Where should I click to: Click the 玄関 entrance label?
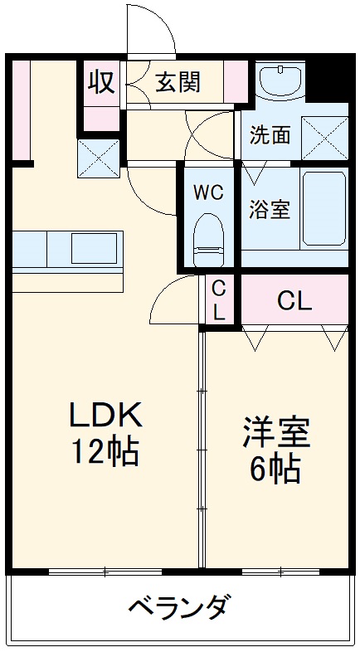(x=178, y=83)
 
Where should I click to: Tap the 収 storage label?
(x=101, y=84)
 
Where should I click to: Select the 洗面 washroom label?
(x=270, y=135)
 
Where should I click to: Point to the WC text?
(x=208, y=192)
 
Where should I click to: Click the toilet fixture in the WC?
(x=208, y=236)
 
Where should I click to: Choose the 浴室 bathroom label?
(x=270, y=209)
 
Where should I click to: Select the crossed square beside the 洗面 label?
(x=323, y=134)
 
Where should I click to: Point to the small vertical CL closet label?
(x=220, y=300)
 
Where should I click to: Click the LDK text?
(x=106, y=414)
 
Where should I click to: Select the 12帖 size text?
(x=106, y=452)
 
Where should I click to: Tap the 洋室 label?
(x=276, y=431)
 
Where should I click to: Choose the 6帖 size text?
(x=276, y=470)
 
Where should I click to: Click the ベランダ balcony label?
(x=178, y=608)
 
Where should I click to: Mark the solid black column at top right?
(x=333, y=74)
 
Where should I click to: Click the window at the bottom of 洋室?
(x=278, y=572)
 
